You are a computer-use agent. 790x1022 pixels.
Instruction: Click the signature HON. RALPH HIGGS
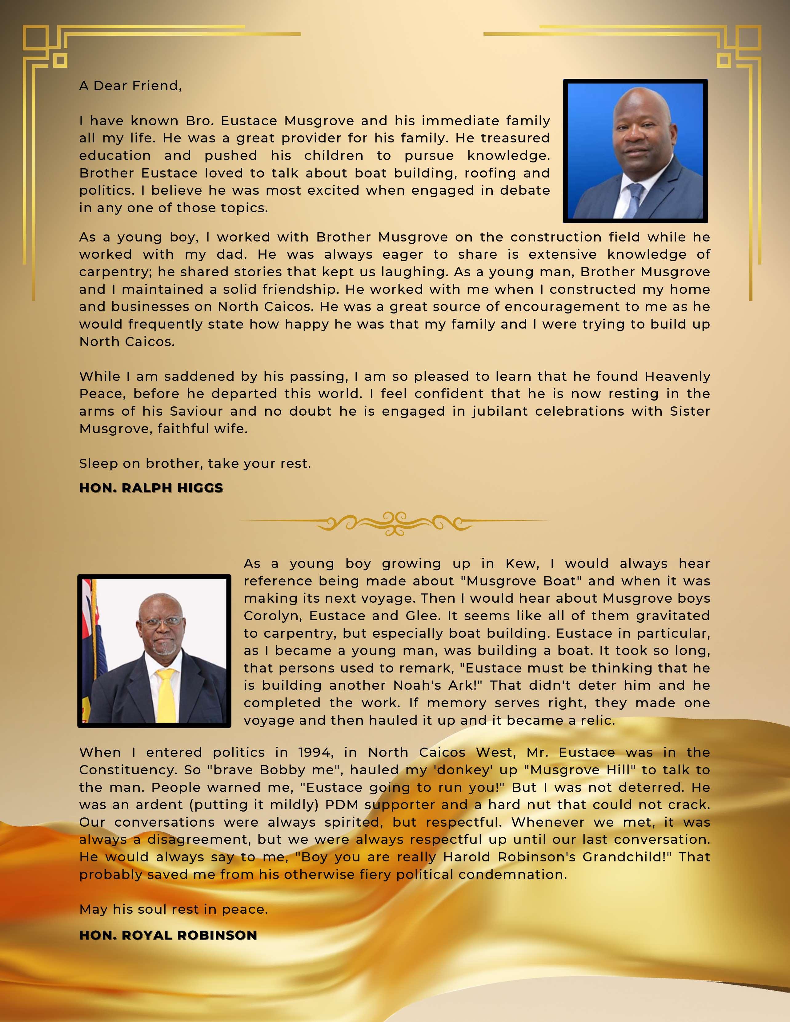(151, 488)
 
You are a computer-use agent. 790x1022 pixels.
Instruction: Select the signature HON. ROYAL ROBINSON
(168, 936)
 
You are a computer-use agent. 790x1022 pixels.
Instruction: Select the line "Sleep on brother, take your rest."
(195, 464)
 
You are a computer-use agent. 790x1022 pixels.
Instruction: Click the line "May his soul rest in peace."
(174, 909)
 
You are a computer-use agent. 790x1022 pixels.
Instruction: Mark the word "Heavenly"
(677, 376)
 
